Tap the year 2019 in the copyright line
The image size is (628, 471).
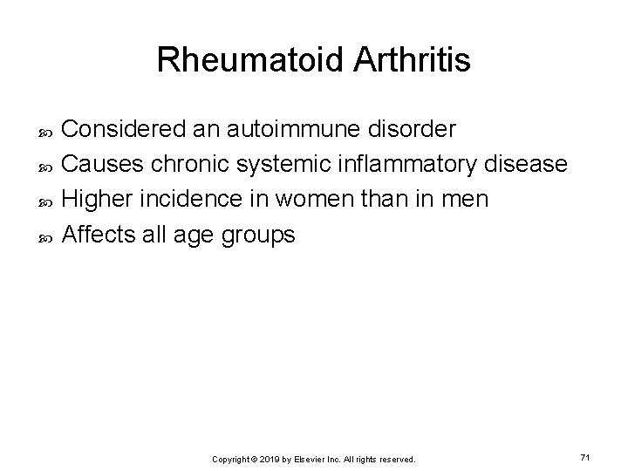pos(269,459)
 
